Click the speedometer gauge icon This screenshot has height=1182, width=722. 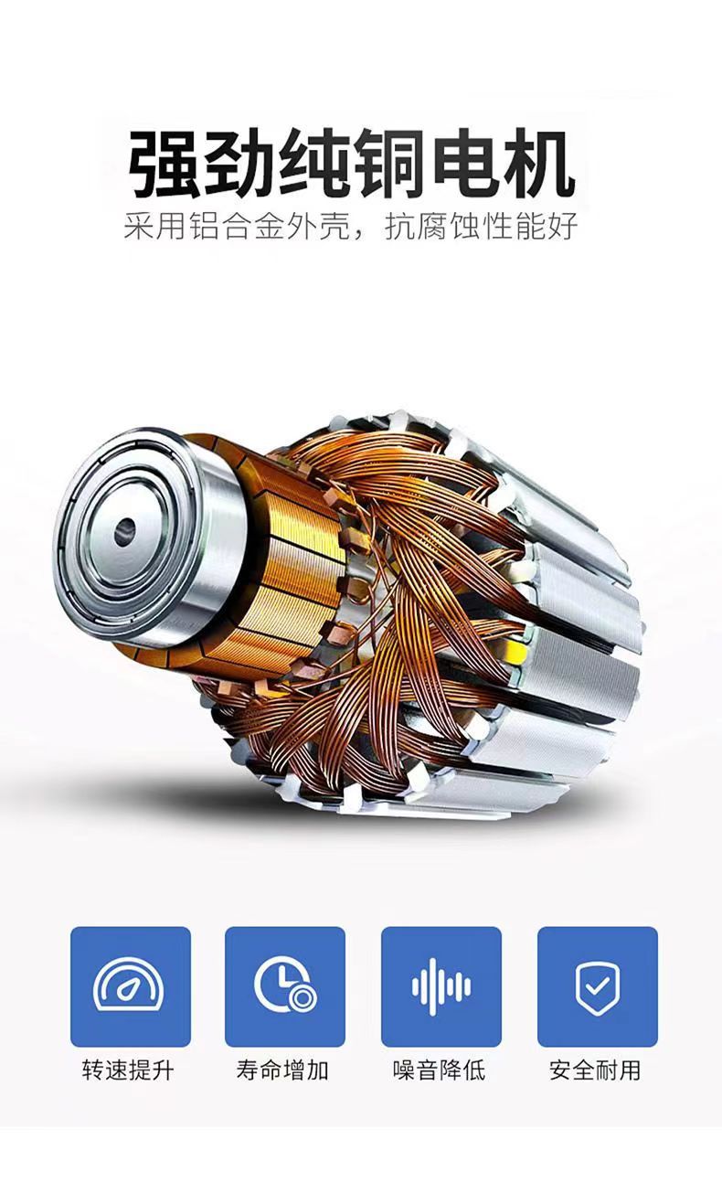click(128, 985)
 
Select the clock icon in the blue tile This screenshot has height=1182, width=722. click(285, 985)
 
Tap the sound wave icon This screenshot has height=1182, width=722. click(441, 986)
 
